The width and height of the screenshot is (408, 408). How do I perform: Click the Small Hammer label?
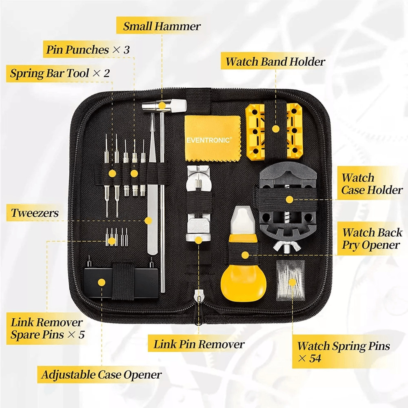(x=162, y=27)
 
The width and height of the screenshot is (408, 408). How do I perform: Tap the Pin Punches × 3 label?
(x=88, y=50)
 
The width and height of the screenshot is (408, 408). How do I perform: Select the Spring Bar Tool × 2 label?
(x=60, y=74)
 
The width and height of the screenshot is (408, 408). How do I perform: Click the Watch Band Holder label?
(x=275, y=62)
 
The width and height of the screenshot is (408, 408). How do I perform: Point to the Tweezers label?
(x=35, y=213)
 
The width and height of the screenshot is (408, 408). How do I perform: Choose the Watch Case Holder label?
(x=372, y=184)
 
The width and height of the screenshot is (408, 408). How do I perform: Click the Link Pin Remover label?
(x=199, y=344)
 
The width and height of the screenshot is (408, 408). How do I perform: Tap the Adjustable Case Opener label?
(x=102, y=375)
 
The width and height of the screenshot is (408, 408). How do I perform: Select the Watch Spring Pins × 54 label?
(x=343, y=352)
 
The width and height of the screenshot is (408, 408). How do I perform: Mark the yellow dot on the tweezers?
(x=149, y=220)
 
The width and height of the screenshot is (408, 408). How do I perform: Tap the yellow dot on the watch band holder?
(x=276, y=129)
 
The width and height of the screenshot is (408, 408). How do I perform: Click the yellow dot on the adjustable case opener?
(x=101, y=282)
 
